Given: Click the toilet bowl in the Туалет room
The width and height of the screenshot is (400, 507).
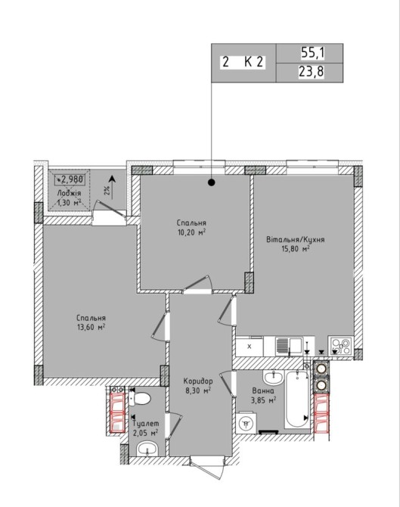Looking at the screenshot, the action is pyautogui.click(x=140, y=399).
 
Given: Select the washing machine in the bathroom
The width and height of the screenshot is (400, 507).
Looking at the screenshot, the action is pyautogui.click(x=247, y=422).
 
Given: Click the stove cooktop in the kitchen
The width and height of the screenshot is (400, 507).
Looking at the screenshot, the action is pyautogui.click(x=340, y=346).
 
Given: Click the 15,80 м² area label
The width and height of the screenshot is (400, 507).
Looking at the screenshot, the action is pyautogui.click(x=296, y=249).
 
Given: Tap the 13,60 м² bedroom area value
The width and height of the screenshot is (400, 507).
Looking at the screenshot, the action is pyautogui.click(x=91, y=327).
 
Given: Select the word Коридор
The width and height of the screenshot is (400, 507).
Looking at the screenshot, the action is pyautogui.click(x=198, y=381).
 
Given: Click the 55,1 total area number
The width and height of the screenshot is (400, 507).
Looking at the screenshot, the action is pyautogui.click(x=313, y=53).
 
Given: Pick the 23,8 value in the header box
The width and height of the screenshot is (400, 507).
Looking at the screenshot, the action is pyautogui.click(x=311, y=71).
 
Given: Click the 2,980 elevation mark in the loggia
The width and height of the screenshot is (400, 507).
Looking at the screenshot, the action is pyautogui.click(x=71, y=179).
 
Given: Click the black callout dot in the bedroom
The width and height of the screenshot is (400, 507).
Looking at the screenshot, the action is pyautogui.click(x=211, y=182).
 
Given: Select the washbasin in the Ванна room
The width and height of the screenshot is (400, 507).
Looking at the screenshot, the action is pyautogui.click(x=274, y=376).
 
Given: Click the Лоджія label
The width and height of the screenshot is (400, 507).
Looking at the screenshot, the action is pyautogui.click(x=69, y=194).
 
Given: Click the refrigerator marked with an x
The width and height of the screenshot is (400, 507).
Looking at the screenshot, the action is pyautogui.click(x=250, y=347).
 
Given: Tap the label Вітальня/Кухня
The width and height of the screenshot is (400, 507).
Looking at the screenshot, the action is pyautogui.click(x=296, y=240).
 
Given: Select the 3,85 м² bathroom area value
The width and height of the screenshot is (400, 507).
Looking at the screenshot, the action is pyautogui.click(x=263, y=400).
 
